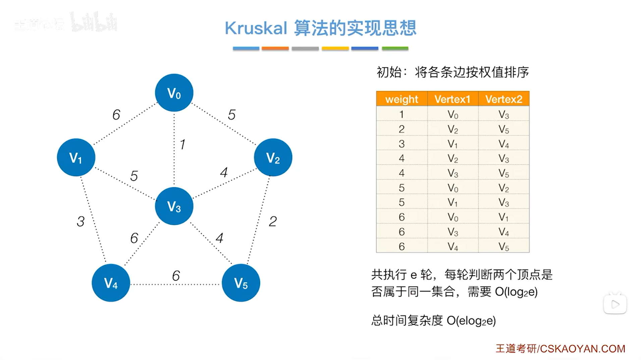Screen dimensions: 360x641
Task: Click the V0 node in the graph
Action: point(174,93)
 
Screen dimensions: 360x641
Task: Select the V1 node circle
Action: point(76,157)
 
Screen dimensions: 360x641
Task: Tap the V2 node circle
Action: point(273,157)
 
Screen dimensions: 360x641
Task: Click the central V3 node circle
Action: point(174,206)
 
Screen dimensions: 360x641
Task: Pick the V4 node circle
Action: point(111,283)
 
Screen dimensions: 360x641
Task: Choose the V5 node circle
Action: point(241,283)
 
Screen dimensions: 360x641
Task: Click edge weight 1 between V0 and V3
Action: point(182,144)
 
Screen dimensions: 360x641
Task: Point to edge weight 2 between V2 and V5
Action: point(273,221)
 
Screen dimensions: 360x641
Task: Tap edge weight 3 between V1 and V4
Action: point(81,221)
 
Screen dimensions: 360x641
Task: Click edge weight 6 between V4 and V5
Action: point(176,276)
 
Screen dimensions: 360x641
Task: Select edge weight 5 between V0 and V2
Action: point(231,115)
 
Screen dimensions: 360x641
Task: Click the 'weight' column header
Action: point(402,99)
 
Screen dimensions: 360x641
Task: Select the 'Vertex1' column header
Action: point(452,99)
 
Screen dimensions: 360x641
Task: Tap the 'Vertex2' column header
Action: point(503,99)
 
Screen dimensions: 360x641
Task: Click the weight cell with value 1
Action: point(402,114)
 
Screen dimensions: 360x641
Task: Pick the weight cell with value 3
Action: point(402,144)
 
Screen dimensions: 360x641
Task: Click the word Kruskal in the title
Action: point(256,28)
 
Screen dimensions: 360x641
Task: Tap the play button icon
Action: point(615,304)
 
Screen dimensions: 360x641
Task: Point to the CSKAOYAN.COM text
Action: point(582,349)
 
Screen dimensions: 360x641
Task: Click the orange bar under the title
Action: point(275,49)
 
